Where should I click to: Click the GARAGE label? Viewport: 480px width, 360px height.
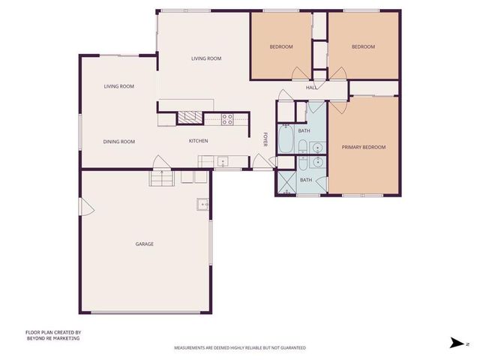144,244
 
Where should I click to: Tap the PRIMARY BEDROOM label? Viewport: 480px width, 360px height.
363,147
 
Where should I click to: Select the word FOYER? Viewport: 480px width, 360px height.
265,139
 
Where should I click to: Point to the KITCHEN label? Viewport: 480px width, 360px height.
198,141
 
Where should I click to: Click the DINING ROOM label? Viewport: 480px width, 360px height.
118,141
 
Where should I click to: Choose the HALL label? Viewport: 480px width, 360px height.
311,88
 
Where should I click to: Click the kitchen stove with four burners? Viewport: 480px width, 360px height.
228,117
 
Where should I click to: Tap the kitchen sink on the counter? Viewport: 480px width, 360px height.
223,161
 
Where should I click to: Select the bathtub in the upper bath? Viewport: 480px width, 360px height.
286,139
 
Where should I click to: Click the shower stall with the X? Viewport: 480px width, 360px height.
286,182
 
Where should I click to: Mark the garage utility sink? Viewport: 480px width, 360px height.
202,203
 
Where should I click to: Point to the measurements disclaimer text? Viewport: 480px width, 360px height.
239,348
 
